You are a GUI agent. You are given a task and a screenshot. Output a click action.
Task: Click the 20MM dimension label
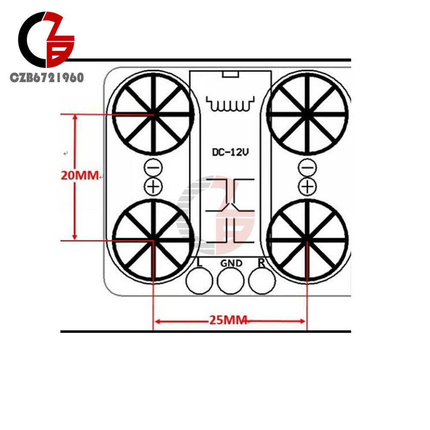(x=80, y=175)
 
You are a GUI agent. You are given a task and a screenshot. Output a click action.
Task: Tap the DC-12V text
(x=230, y=152)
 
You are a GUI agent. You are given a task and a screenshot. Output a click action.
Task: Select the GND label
(x=231, y=263)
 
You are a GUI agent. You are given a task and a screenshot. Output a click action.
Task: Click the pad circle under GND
(x=230, y=280)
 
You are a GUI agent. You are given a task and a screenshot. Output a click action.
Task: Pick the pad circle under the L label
(x=200, y=280)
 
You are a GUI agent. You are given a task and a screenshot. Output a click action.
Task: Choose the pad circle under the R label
(x=262, y=280)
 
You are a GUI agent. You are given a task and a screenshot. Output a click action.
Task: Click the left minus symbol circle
(x=154, y=168)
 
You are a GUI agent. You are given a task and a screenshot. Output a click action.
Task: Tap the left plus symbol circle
(x=154, y=187)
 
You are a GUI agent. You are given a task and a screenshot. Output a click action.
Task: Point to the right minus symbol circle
(x=307, y=168)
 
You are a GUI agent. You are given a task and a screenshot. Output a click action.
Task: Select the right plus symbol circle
(x=307, y=187)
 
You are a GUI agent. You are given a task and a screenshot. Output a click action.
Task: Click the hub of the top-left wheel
(x=154, y=114)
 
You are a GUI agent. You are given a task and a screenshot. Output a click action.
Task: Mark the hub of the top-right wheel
(x=307, y=114)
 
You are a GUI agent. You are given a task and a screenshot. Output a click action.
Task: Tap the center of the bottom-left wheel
(x=154, y=240)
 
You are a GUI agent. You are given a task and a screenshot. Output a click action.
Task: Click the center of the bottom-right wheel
(x=307, y=240)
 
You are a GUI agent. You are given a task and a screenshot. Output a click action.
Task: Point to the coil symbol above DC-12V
(x=230, y=104)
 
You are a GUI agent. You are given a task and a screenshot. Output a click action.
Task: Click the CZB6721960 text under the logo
(x=46, y=77)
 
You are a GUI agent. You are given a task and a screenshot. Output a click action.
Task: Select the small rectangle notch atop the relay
(x=230, y=74)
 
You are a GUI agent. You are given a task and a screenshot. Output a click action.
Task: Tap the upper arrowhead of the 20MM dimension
(x=74, y=117)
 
